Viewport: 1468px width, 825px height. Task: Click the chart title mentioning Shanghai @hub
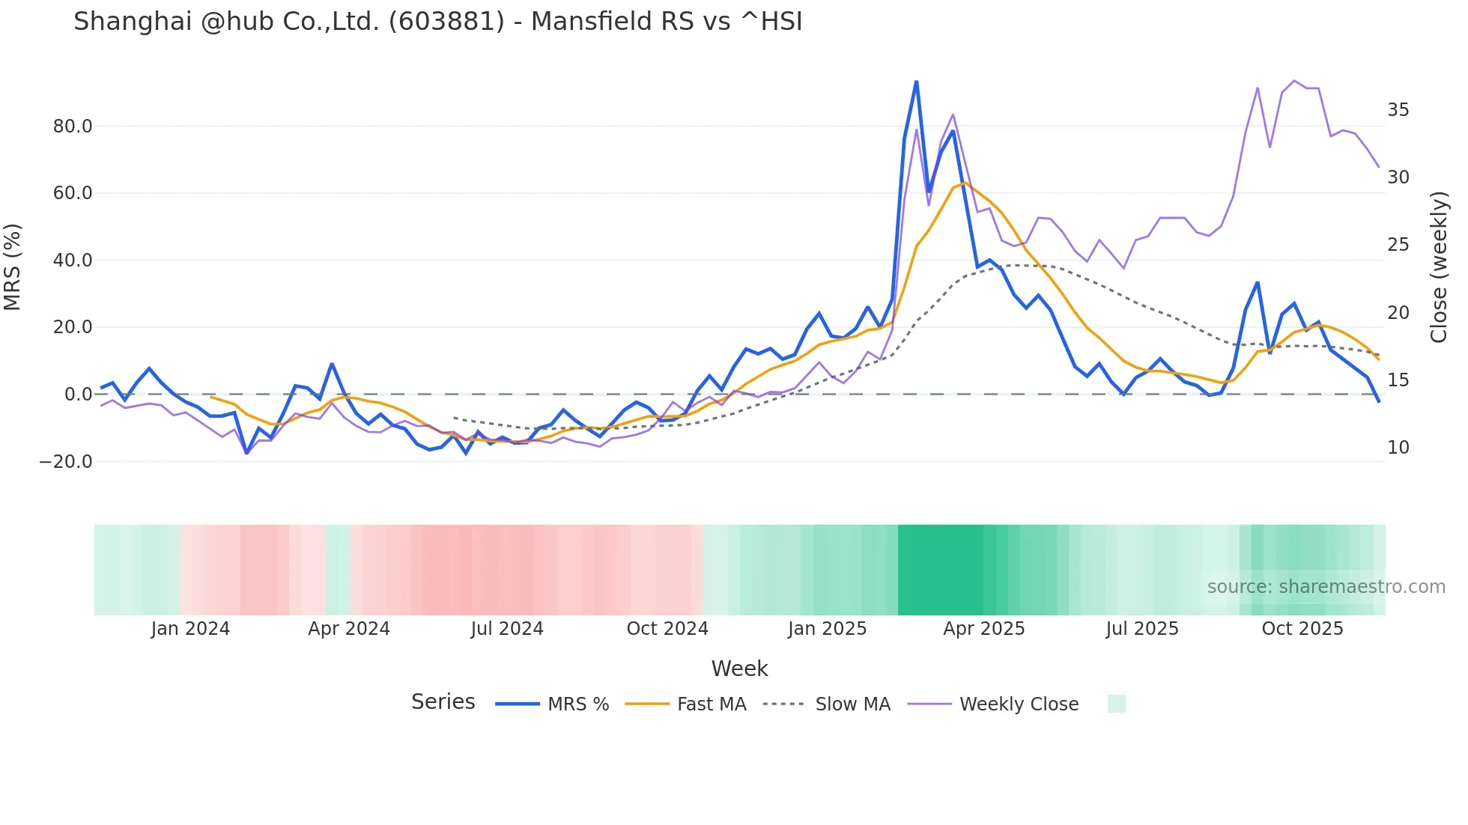click(437, 22)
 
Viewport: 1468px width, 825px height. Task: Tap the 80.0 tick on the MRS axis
click(73, 127)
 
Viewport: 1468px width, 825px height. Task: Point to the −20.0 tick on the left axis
click(66, 462)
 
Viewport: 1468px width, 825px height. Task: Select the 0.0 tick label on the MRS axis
click(78, 395)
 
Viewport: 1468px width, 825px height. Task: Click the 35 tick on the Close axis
click(1398, 110)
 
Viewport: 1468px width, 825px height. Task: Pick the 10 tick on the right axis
click(1398, 448)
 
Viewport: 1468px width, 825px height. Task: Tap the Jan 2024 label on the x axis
click(190, 629)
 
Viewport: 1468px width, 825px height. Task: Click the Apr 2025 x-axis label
click(983, 629)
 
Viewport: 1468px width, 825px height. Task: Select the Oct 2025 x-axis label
click(1302, 629)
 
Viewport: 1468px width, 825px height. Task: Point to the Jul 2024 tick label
click(507, 629)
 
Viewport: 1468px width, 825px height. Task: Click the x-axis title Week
click(739, 669)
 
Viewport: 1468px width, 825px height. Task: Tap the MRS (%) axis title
click(13, 267)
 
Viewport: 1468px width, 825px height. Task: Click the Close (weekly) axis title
click(1438, 267)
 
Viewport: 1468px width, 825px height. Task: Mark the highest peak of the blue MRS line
click(916, 82)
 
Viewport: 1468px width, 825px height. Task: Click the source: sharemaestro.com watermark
click(1326, 587)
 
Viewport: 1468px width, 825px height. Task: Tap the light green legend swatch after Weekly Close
click(1116, 704)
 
